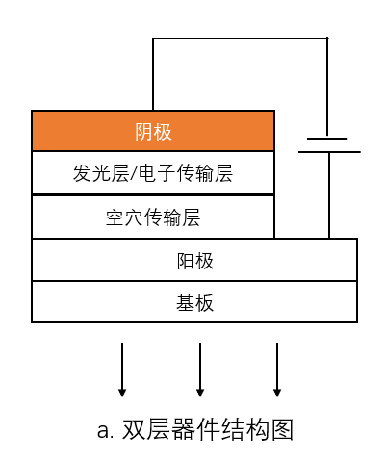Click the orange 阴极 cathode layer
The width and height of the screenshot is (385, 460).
(x=77, y=132)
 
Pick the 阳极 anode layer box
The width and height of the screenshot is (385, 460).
(x=96, y=260)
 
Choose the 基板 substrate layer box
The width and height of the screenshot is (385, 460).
(x=96, y=302)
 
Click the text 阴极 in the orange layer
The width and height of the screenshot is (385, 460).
(x=153, y=132)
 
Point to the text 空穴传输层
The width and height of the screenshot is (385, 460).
(x=153, y=217)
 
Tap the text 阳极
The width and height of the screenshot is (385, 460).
(x=194, y=260)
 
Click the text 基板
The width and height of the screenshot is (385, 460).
(x=194, y=302)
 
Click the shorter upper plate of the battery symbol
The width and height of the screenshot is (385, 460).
(x=328, y=139)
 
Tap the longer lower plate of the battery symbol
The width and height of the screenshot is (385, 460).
(x=328, y=151)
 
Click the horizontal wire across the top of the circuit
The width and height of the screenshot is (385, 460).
(x=241, y=38)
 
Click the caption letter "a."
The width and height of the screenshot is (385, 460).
(x=106, y=430)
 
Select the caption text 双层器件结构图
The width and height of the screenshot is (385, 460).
(x=208, y=429)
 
